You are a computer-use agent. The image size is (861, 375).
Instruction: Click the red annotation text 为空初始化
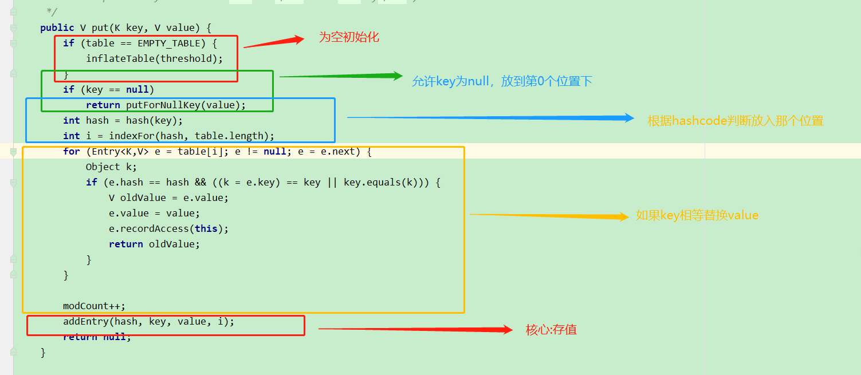[349, 38]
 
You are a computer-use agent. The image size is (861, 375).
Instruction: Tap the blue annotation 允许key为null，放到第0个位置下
[502, 81]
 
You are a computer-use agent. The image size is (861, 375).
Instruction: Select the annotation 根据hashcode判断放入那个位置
[736, 121]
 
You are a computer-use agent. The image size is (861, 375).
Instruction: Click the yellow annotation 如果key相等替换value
[697, 216]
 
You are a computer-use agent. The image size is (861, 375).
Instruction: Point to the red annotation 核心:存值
[551, 330]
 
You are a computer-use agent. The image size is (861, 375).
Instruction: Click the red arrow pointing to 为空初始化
[274, 42]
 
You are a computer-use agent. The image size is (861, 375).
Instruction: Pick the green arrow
[341, 76]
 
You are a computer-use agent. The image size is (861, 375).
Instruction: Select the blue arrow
[490, 118]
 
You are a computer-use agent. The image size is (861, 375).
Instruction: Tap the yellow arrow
[549, 216]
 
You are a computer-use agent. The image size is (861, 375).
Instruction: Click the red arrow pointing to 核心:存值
[415, 329]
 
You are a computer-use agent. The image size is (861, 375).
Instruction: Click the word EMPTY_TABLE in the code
[169, 43]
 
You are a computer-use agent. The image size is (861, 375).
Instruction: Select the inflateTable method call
[120, 58]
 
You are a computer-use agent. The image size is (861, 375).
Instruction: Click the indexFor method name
[132, 136]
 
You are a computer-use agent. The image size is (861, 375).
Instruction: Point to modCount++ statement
[94, 306]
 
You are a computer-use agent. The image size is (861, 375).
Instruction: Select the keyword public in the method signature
[57, 27]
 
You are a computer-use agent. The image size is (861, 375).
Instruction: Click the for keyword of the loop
[72, 151]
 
